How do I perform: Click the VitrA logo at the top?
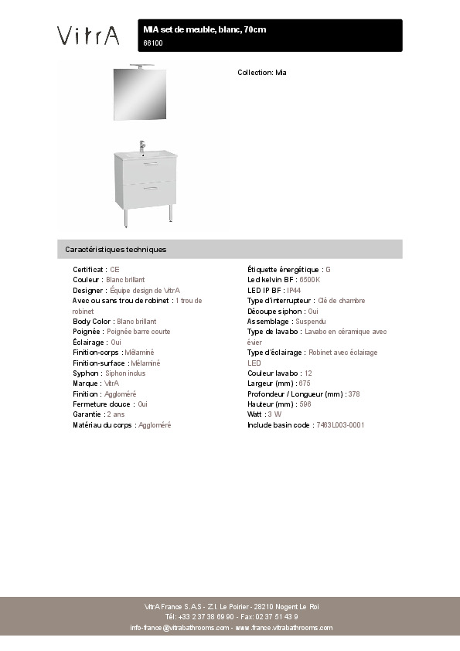88,36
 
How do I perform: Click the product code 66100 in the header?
153,43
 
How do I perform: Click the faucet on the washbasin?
142,145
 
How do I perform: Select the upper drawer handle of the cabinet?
150,163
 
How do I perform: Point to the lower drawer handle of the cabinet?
150,188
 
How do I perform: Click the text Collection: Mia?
262,72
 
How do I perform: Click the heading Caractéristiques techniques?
116,250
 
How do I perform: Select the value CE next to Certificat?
114,269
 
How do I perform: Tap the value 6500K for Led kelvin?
309,280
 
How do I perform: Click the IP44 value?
294,290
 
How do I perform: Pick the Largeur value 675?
305,383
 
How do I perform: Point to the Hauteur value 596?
305,404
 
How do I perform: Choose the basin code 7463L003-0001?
340,425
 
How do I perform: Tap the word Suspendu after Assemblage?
311,321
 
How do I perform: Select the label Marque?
85,383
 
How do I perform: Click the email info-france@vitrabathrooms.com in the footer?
179,628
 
